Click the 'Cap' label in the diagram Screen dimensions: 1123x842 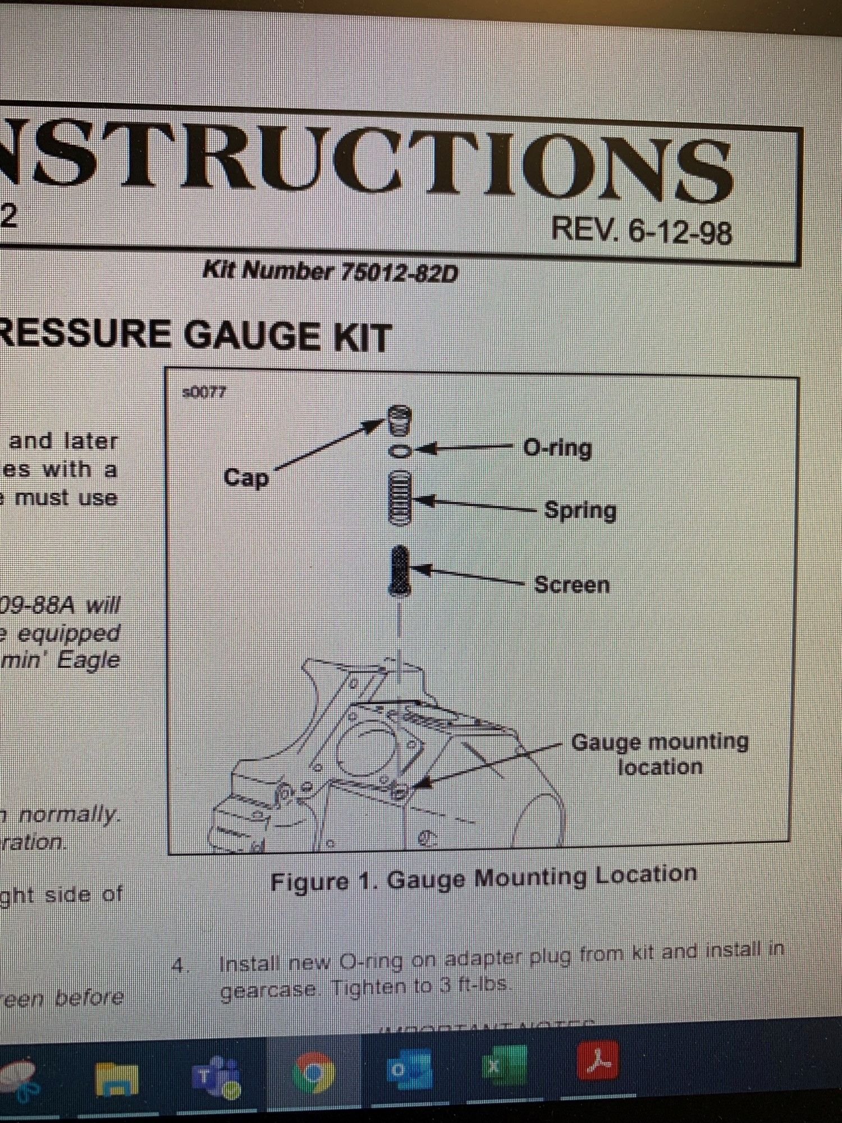coord(246,478)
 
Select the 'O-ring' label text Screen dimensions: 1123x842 coord(557,449)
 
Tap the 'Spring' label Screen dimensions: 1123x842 coord(580,511)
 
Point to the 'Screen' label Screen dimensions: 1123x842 coord(571,585)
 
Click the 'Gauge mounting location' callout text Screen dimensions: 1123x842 coord(660,754)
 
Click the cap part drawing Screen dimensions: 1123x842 coord(400,420)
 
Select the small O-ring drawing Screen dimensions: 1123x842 coord(400,451)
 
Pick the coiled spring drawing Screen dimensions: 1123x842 coord(400,498)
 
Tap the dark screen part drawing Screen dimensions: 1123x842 coord(400,570)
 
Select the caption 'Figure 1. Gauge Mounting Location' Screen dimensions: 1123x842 coord(483,878)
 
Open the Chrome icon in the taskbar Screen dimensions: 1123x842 coord(313,1073)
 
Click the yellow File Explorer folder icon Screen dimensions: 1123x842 coord(117,1078)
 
